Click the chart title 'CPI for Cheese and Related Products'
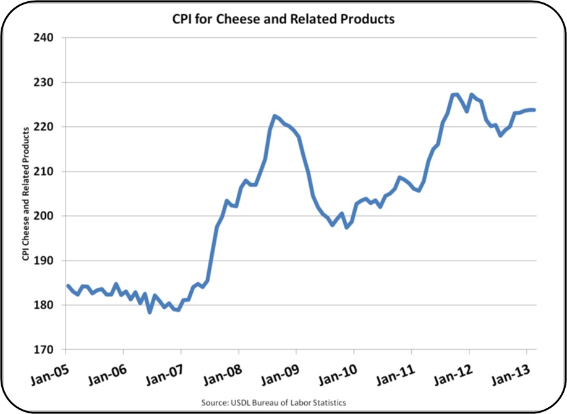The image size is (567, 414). point(283,19)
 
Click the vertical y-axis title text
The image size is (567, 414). point(26,194)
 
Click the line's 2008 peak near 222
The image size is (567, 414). point(275,116)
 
